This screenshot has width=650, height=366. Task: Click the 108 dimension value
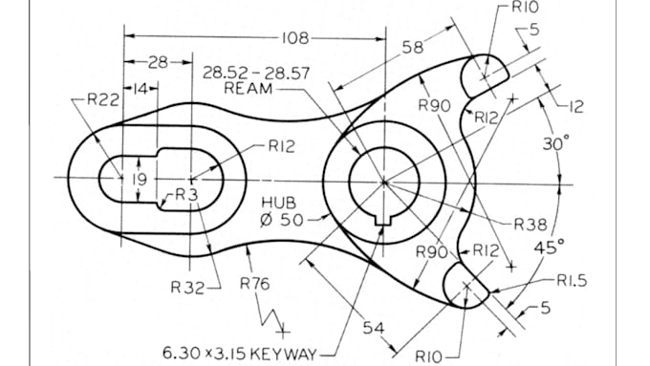[294, 38]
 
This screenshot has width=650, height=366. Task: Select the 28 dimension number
[159, 62]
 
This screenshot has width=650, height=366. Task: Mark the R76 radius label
[254, 284]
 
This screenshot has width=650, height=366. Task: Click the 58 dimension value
[414, 47]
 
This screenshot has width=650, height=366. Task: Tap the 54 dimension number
[374, 329]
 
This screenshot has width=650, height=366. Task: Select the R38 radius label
[531, 225]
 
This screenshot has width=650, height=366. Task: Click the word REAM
[248, 88]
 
